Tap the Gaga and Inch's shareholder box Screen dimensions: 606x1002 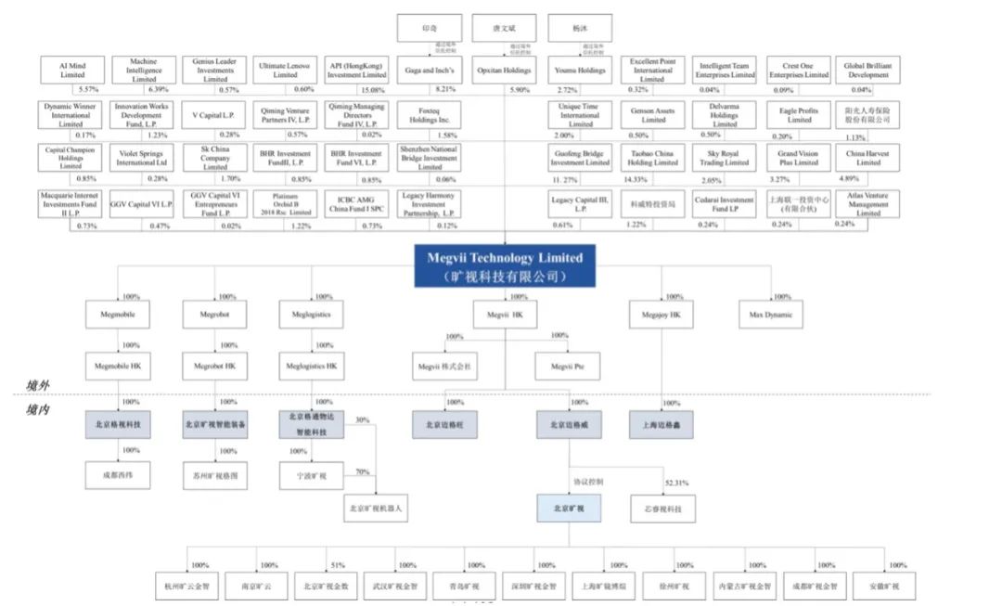pos(429,71)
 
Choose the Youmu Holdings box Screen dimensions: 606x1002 pos(580,71)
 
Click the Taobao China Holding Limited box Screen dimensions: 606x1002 pos(654,158)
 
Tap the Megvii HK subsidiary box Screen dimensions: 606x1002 pos(505,316)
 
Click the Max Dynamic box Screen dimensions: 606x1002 pos(769,316)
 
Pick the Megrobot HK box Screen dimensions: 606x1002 pos(215,367)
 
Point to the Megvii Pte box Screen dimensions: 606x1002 pos(568,367)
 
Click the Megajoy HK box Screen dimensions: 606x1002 pos(661,316)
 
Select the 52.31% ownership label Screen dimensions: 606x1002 pos(677,483)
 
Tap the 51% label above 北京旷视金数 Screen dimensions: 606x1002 pos(337,565)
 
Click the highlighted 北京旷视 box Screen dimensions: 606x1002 pos(569,508)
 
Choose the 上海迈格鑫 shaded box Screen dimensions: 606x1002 pos(661,424)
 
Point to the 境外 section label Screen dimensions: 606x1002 pos(39,385)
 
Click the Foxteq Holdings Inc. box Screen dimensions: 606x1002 pos(429,115)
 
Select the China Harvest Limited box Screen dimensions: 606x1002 pos(868,158)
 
